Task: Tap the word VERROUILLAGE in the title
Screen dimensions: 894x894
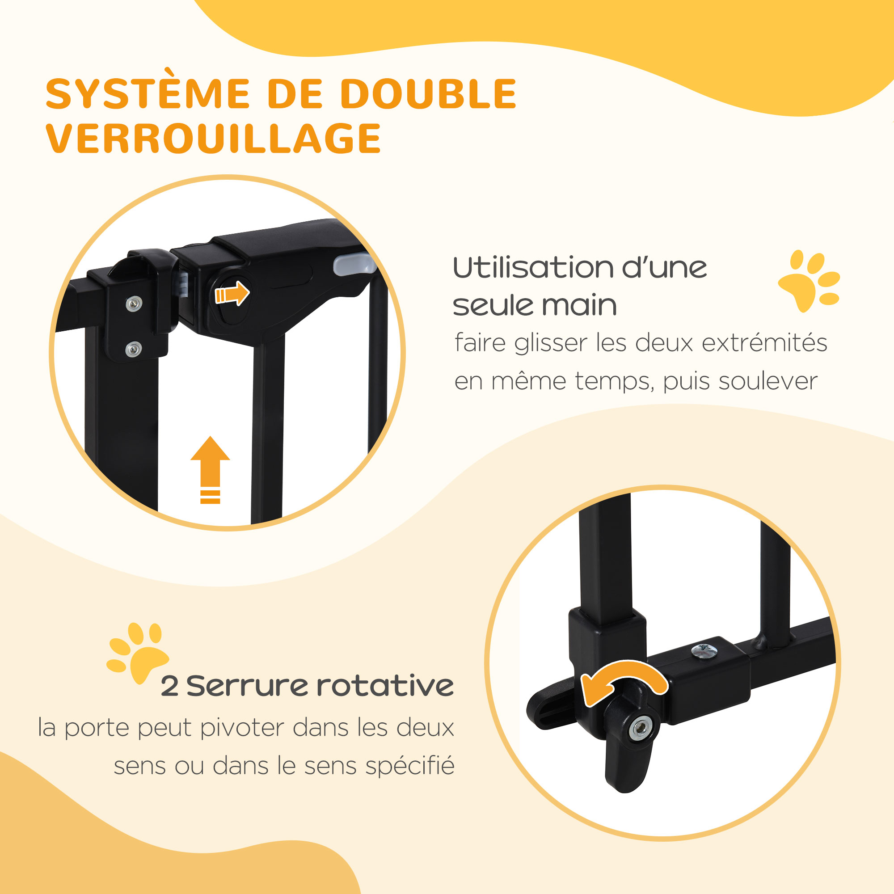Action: pyautogui.click(x=213, y=138)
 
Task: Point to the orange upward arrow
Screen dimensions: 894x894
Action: pyautogui.click(x=210, y=470)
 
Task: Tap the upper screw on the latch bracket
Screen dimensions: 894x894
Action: pyautogui.click(x=134, y=304)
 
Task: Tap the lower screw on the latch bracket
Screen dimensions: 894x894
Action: pyautogui.click(x=134, y=349)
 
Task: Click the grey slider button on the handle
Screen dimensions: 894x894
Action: pyautogui.click(x=354, y=264)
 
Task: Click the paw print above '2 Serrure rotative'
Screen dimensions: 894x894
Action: pyautogui.click(x=137, y=653)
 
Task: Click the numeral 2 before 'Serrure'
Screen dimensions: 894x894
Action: pyautogui.click(x=169, y=686)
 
